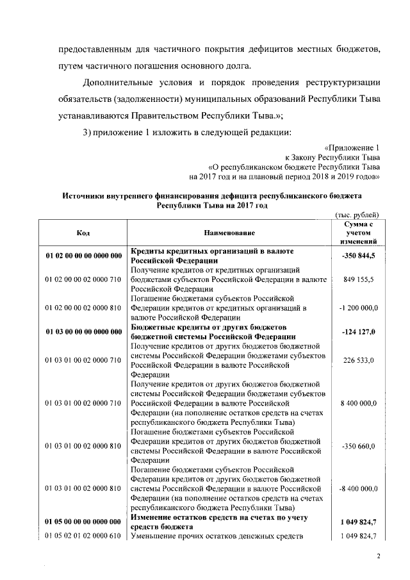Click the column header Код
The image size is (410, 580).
[83, 233]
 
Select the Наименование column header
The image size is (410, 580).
[229, 233]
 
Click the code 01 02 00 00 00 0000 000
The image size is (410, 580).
[83, 256]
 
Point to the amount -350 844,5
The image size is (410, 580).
[359, 256]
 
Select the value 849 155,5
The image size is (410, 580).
[359, 280]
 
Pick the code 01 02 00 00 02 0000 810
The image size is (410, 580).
[83, 308]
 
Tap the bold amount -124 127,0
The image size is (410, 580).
[359, 331]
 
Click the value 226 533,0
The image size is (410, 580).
[359, 360]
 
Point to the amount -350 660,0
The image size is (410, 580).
[359, 445]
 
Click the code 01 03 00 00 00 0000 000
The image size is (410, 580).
[83, 331]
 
